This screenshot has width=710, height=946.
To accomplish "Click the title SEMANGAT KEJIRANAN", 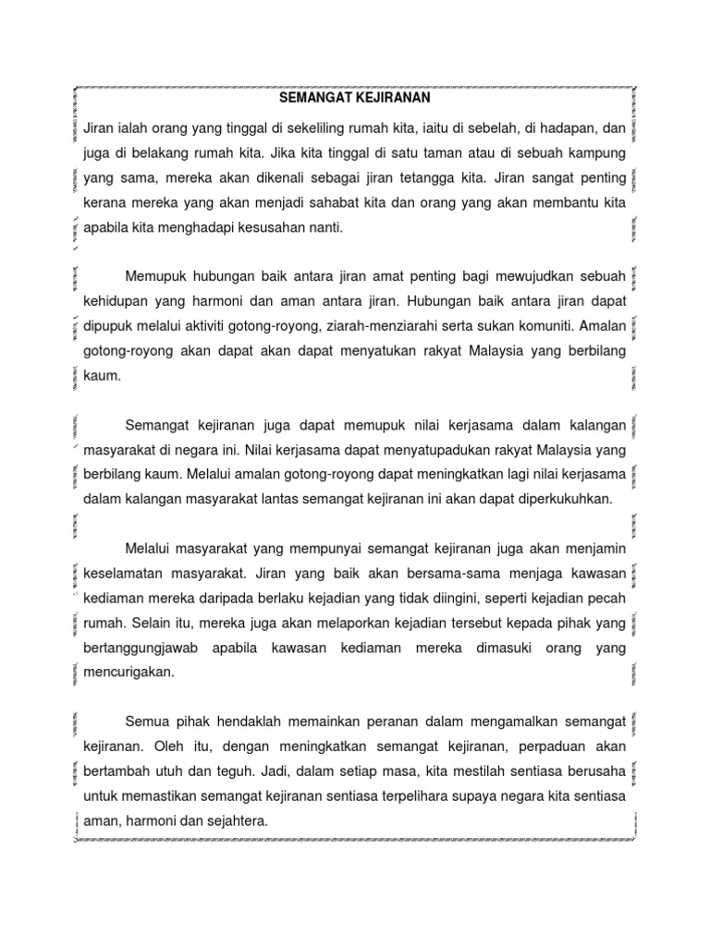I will point(354,96).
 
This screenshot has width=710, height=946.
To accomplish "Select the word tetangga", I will point(427,176).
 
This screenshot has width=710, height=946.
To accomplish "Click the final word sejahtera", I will point(238,820).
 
